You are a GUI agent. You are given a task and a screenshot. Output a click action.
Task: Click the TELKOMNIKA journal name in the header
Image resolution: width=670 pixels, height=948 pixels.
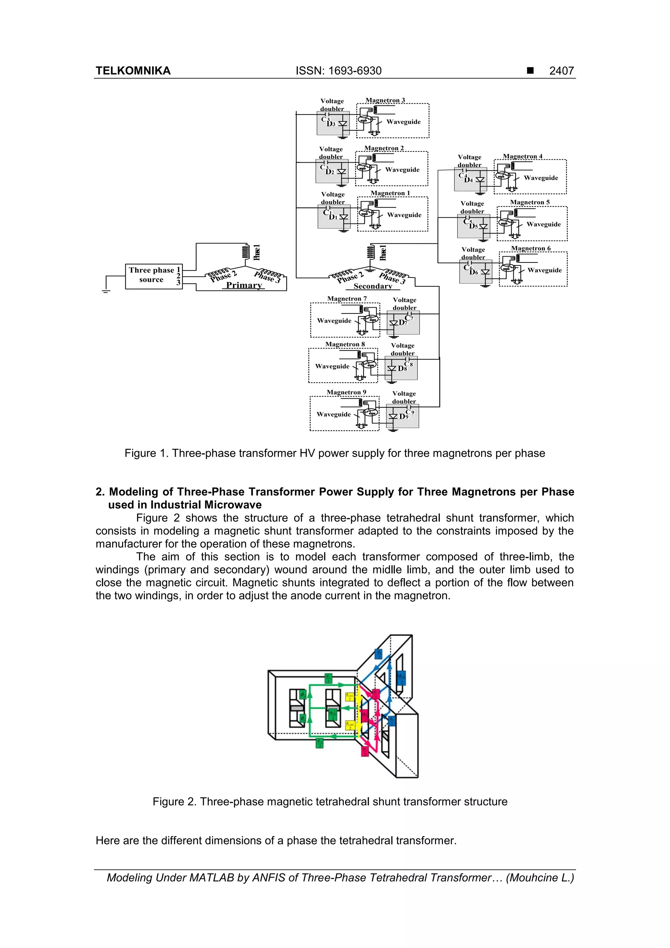pos(133,71)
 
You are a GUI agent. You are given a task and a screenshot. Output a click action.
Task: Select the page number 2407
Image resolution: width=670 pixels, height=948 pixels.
pos(561,71)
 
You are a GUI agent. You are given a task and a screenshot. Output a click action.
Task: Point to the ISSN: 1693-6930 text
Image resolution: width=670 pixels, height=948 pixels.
pos(339,71)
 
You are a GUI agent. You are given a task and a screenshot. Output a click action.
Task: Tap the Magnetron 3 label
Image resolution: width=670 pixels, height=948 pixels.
pos(385,100)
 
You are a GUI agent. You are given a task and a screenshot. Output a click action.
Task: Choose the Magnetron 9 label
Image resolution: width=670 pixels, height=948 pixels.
pos(346,392)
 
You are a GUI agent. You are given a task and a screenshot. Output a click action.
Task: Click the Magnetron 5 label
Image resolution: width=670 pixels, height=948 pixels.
pos(530,202)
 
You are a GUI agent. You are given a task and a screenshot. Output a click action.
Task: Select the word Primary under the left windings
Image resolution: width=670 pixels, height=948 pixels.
pos(243,285)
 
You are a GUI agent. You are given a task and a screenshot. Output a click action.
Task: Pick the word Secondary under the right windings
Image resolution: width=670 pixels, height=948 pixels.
pos(372,286)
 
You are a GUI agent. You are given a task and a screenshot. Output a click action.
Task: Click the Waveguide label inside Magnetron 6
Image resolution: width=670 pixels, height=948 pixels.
pos(544,270)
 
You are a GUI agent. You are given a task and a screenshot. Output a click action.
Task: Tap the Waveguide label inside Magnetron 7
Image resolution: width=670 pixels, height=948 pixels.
pos(334,321)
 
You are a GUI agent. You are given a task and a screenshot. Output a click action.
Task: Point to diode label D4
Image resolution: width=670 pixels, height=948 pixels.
pos(468,180)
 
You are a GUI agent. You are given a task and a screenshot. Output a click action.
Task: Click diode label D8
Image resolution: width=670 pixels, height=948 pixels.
pos(402,368)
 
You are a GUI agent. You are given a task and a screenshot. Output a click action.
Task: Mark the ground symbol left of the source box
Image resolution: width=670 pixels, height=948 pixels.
pos(106,291)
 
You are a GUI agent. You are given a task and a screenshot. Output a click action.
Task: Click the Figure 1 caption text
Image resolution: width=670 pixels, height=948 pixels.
pos(334,453)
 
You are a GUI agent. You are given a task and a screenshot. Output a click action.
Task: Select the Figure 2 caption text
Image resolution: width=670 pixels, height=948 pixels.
pos(329,801)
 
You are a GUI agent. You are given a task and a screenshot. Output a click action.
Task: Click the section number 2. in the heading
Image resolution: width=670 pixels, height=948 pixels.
pos(100,492)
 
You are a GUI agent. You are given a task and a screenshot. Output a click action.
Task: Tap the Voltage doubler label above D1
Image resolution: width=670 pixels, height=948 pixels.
pos(333,198)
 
